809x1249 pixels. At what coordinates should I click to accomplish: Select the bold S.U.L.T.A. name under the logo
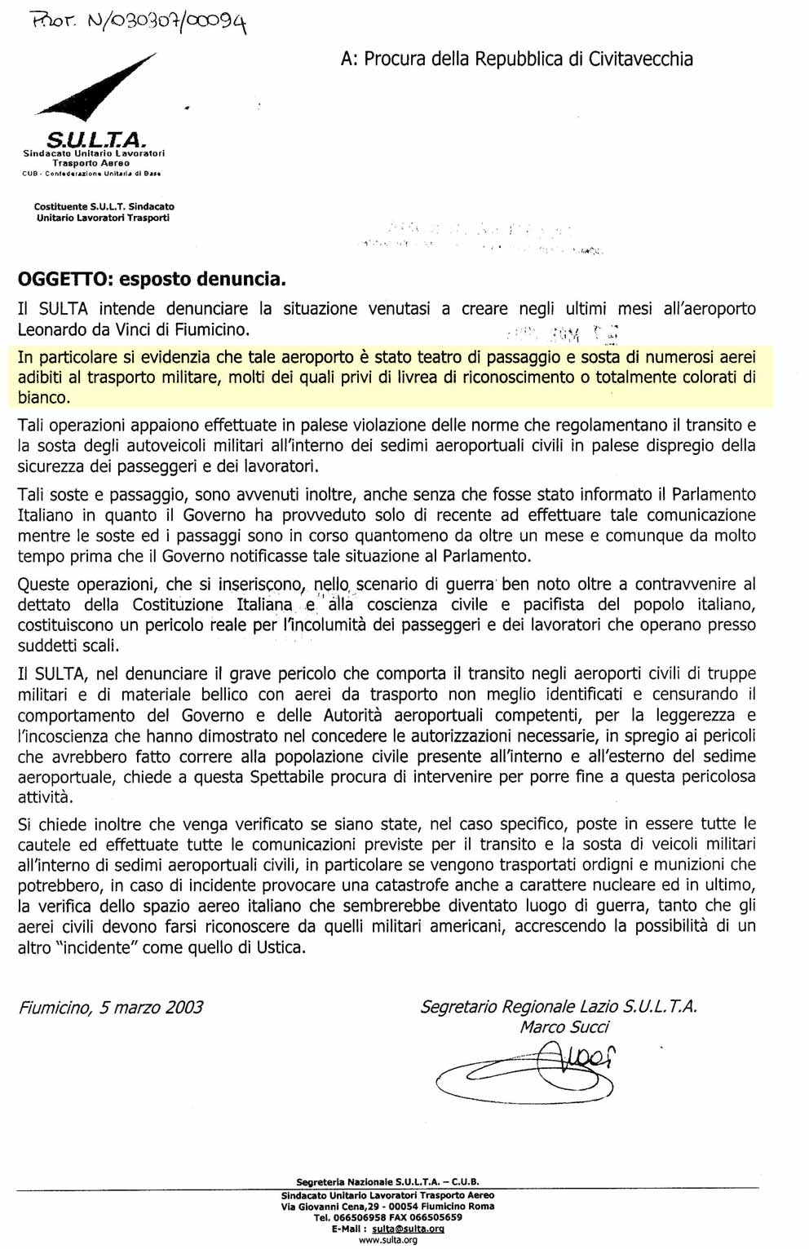(95, 139)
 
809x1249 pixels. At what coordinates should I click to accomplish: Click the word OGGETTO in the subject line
(64, 280)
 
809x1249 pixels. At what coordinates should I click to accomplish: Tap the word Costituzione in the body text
(179, 605)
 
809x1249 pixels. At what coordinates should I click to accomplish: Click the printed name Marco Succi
(564, 1027)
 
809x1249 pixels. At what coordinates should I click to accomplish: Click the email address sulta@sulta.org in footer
(408, 1229)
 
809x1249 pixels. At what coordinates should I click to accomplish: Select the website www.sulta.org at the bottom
(387, 1240)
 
